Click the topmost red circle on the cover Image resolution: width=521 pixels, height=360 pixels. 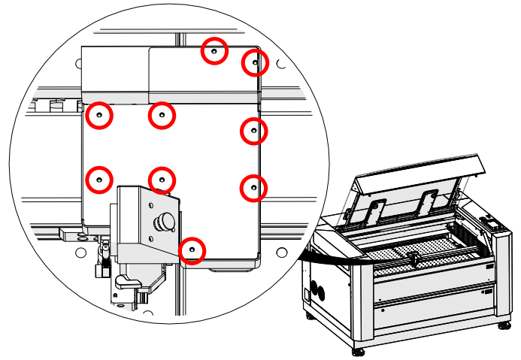[x=214, y=51]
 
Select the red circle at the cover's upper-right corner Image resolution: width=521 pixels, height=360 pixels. [x=255, y=63]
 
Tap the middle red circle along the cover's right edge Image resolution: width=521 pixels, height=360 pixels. [x=254, y=131]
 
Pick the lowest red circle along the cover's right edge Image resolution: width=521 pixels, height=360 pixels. [x=253, y=186]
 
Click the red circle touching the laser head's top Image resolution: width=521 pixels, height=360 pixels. [x=162, y=180]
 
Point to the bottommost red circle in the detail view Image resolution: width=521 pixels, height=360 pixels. [x=192, y=249]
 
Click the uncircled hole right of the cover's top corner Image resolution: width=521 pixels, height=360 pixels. [x=280, y=65]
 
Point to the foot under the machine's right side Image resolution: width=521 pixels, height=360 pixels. [x=502, y=326]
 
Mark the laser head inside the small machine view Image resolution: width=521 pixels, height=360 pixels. [x=412, y=259]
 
